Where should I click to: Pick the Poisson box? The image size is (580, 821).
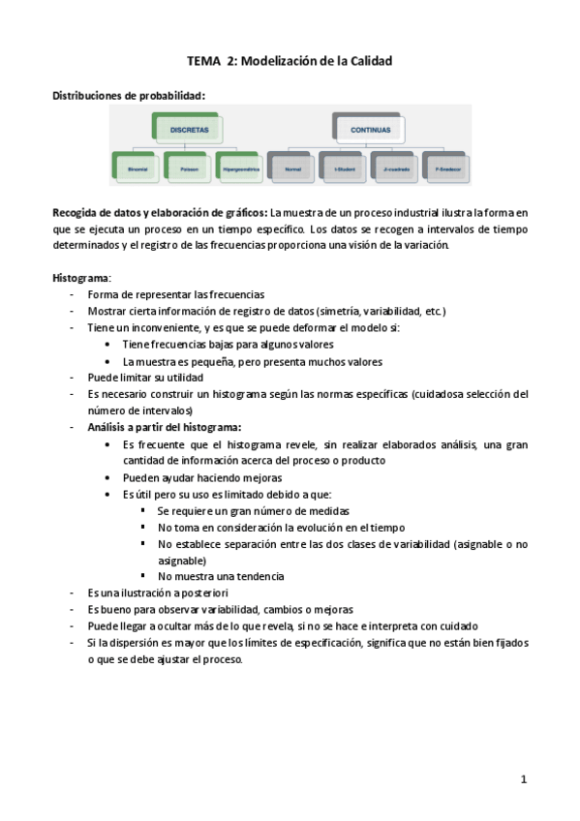coord(188,167)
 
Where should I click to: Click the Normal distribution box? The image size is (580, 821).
coord(293,167)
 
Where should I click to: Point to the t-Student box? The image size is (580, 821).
coord(344,167)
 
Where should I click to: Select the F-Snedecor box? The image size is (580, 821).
coord(446,167)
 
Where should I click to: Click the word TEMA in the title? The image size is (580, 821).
coord(204,60)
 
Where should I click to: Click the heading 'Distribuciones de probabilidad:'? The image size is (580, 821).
coord(129,95)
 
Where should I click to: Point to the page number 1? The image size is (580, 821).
coord(523,779)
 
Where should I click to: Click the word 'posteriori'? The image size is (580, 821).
coord(198,593)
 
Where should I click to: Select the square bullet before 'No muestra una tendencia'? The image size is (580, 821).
coord(142,575)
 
